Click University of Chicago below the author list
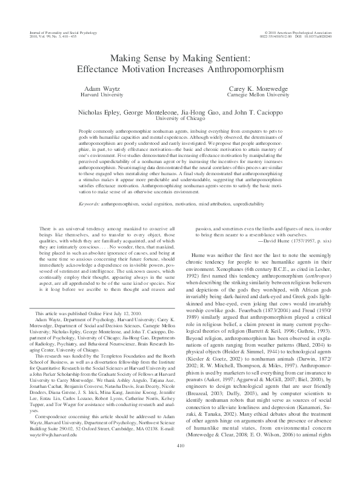click(x=179, y=119)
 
